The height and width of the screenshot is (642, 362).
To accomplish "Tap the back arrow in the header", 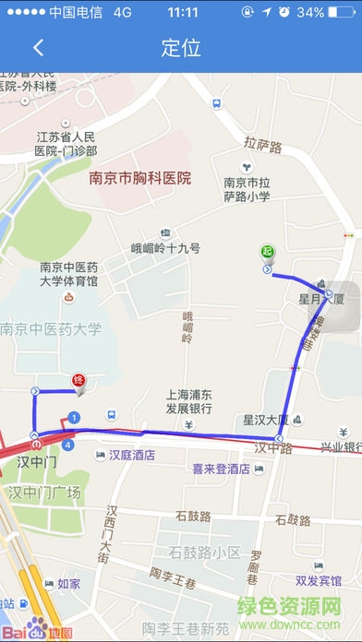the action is tap(38, 48).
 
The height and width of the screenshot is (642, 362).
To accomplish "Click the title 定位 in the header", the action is tap(180, 48).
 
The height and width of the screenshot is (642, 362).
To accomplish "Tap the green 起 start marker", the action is tap(268, 251).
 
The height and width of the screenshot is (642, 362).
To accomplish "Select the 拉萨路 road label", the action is tap(263, 143).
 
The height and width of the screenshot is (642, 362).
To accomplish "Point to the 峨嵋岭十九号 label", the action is tap(165, 248).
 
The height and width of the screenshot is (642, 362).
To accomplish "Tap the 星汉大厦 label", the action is tap(266, 420).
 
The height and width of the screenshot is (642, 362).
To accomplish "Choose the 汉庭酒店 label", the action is tap(132, 455).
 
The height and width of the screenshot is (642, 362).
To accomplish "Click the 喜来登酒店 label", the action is tap(221, 469).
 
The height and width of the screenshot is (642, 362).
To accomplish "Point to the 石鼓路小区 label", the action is tap(204, 552).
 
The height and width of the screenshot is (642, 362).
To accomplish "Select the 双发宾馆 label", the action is tap(319, 580).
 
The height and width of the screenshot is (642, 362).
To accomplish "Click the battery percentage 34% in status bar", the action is tap(336, 13).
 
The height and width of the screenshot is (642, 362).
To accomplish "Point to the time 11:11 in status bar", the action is tap(184, 13).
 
